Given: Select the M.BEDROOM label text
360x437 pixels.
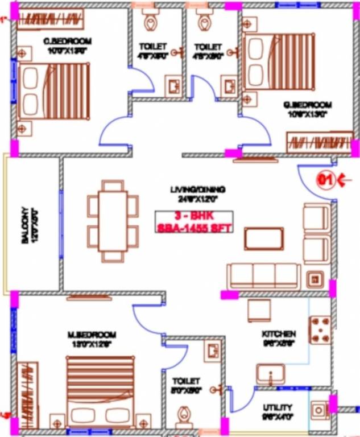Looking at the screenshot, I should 91,334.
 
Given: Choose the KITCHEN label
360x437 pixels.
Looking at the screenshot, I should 278,334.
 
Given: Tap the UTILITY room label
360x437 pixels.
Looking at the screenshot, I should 278,407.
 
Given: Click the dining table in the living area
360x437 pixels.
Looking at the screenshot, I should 113,221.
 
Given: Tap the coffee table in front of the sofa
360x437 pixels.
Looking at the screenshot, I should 264,238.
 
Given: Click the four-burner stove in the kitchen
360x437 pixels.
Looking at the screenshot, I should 319,330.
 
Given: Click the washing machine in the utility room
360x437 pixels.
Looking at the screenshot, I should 319,409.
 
